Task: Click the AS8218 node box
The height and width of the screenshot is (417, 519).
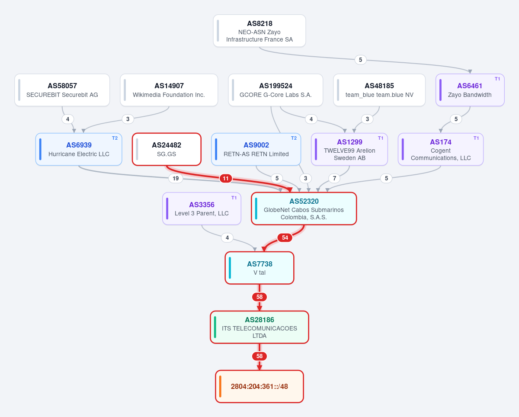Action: pyautogui.click(x=259, y=31)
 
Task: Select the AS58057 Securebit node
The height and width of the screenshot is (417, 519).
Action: pyautogui.click(x=62, y=90)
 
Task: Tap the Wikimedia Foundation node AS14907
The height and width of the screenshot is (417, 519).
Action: pyautogui.click(x=169, y=90)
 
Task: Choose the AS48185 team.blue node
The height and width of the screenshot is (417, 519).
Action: pyautogui.click(x=379, y=90)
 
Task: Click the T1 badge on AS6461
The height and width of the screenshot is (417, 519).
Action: pyautogui.click(x=497, y=79)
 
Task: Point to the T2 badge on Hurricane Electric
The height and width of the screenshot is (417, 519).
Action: pyautogui.click(x=115, y=138)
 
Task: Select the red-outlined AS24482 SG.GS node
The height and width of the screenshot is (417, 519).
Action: pyautogui.click(x=167, y=149)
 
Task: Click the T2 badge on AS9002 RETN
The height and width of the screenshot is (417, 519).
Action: pyautogui.click(x=294, y=138)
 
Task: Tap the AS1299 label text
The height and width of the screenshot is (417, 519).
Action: pyautogui.click(x=349, y=142)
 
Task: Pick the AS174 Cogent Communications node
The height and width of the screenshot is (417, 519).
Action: pyautogui.click(x=441, y=149)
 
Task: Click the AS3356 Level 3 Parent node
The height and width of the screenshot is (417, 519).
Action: pyautogui.click(x=202, y=208)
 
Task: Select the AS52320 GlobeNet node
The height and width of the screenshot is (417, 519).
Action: pyautogui.click(x=304, y=208)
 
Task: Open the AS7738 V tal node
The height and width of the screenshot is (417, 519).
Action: pyautogui.click(x=259, y=268)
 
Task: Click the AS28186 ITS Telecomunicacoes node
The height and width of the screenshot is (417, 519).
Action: pyautogui.click(x=259, y=327)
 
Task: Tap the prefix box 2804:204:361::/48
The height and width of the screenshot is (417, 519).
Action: pyautogui.click(x=259, y=386)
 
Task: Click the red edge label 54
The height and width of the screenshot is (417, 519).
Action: pyautogui.click(x=285, y=237)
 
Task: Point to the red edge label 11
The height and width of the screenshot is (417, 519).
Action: pyautogui.click(x=226, y=179)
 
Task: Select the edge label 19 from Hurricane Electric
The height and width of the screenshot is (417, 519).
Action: pyautogui.click(x=176, y=179)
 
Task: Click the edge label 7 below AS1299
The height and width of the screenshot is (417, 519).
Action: pyautogui.click(x=334, y=179)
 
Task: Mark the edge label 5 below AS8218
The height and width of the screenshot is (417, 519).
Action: pyautogui.click(x=360, y=60)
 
